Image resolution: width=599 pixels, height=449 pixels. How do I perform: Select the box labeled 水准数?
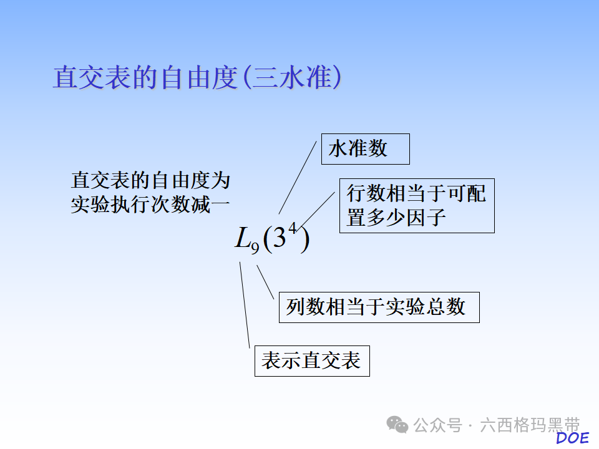point(365,149)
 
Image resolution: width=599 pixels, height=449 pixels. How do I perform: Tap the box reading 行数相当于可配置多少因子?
point(416,206)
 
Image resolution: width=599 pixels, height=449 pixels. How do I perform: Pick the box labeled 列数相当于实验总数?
point(379,307)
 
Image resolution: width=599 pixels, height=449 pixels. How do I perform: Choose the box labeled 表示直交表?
point(311,360)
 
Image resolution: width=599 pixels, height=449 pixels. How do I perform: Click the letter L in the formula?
point(242,238)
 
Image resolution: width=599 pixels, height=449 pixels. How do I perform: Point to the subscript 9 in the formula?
point(255,248)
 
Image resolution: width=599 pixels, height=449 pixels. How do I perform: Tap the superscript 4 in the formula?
point(292,228)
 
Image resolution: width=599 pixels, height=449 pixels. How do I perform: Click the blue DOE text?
point(572,438)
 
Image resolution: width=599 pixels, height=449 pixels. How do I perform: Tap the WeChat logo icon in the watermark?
point(397,425)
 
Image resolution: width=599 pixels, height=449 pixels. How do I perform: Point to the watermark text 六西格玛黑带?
point(530,425)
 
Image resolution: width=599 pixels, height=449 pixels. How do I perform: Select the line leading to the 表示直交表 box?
point(245,306)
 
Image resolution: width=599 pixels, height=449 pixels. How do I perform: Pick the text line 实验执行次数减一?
point(150,204)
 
